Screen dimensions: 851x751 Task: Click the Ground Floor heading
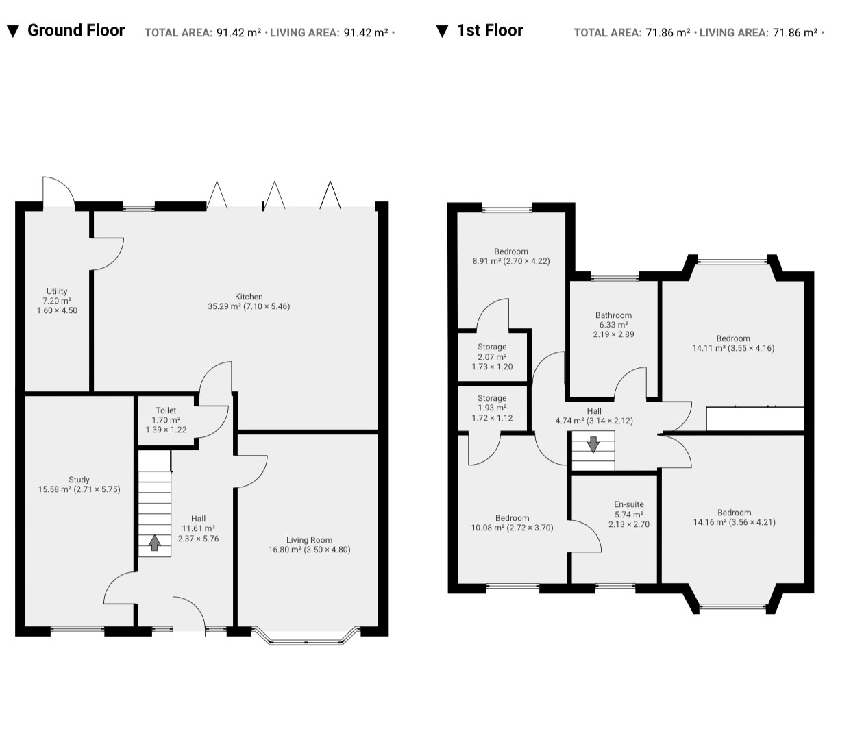(76, 30)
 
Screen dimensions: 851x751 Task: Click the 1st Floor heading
(490, 30)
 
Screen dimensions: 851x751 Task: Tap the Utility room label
(57, 291)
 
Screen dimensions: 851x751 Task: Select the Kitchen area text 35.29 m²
(223, 306)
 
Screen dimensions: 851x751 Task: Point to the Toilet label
(166, 410)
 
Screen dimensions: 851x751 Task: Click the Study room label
(79, 479)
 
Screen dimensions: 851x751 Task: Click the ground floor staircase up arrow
(155, 542)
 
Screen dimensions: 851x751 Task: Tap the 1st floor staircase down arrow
(593, 445)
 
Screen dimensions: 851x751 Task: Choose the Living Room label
(309, 540)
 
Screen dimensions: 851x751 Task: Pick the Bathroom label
(613, 315)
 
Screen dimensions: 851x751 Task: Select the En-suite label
(629, 504)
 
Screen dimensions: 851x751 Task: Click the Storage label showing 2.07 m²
(492, 347)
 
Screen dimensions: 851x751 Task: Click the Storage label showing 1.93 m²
(492, 397)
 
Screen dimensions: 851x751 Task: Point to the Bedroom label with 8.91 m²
(510, 251)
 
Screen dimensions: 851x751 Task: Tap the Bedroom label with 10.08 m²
(512, 518)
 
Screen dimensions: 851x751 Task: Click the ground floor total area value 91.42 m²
(238, 32)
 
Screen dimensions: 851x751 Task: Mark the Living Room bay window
(306, 637)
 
